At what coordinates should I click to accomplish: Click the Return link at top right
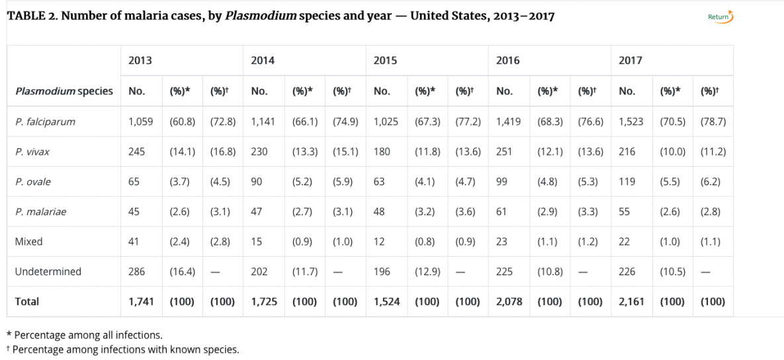[720, 17]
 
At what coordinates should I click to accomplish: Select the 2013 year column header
[140, 60]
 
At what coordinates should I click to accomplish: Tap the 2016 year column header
[508, 60]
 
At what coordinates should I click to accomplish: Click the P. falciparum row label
[45, 122]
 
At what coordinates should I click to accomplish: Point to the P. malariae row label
[40, 212]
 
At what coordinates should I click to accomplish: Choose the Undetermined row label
[48, 271]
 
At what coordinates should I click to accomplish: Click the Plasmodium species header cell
[64, 91]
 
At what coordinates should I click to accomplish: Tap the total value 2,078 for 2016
[509, 301]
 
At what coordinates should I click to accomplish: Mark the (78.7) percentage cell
[713, 122]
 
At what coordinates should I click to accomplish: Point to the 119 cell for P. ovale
[627, 182]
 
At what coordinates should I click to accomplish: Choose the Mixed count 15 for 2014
[257, 242]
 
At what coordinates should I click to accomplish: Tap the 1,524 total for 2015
[386, 301]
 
